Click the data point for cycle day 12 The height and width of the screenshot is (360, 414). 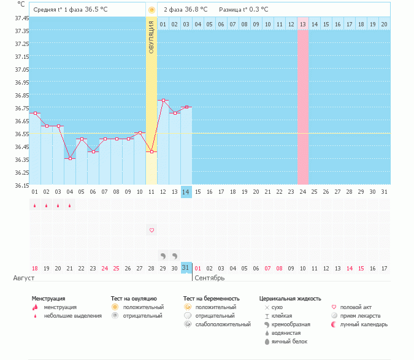(x=163, y=100)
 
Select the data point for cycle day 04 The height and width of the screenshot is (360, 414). (x=70, y=158)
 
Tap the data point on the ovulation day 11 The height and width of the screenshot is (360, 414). (x=151, y=151)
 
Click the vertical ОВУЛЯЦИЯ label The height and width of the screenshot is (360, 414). (x=151, y=37)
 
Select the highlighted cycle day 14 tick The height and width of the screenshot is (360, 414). (x=186, y=192)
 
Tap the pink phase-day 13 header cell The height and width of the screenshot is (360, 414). (x=303, y=24)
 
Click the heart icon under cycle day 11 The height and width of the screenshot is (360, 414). (x=151, y=230)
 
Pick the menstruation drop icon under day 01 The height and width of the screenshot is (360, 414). (x=35, y=205)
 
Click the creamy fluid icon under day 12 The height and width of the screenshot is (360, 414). (x=163, y=255)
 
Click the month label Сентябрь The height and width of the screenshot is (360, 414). (x=209, y=278)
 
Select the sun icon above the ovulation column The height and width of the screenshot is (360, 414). (x=151, y=10)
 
